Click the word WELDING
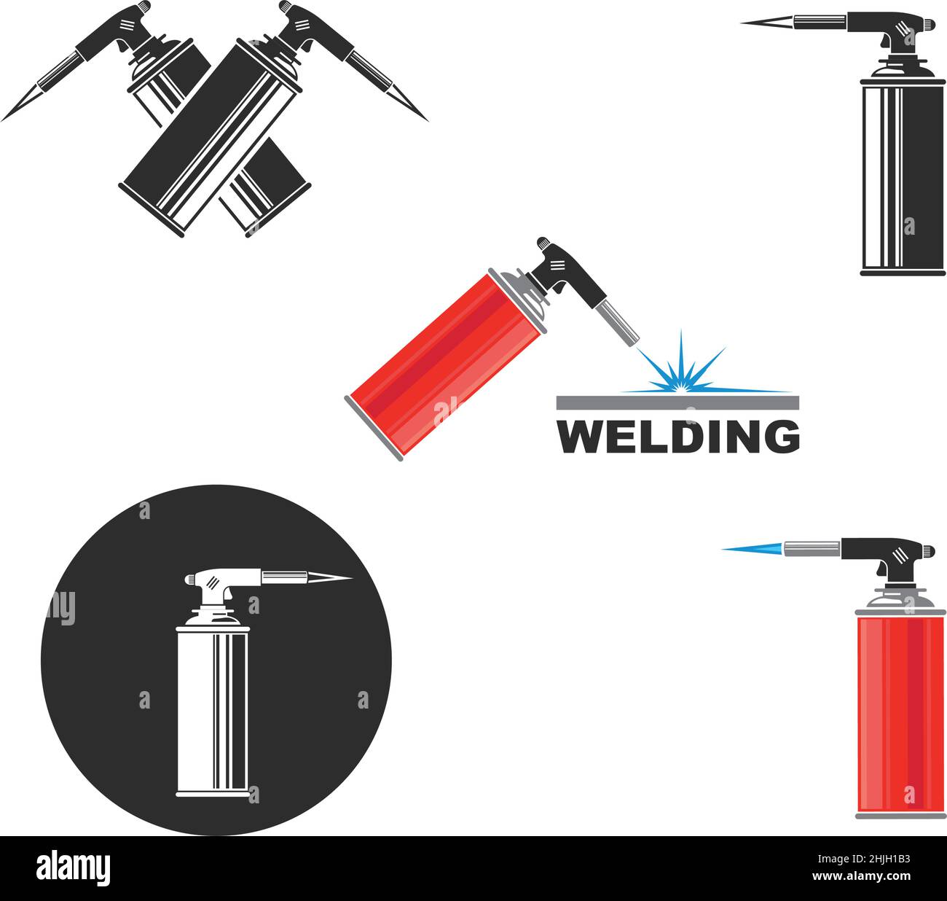tap(678, 437)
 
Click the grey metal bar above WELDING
tap(677, 402)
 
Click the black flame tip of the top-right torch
tap(765, 23)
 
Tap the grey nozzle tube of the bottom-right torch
tap(812, 547)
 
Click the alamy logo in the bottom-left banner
tap(73, 868)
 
